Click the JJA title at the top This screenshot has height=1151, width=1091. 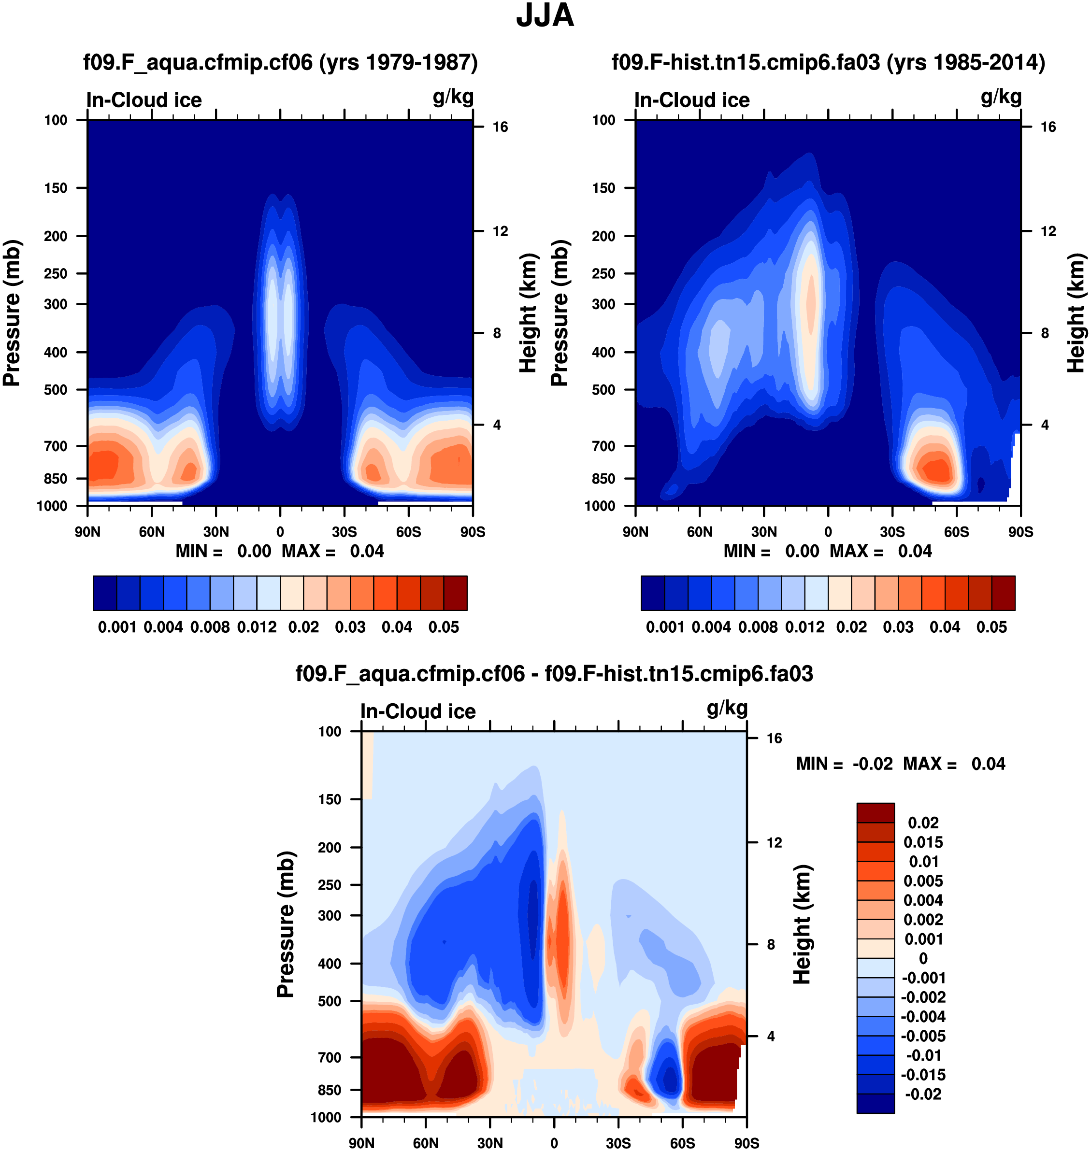(545, 15)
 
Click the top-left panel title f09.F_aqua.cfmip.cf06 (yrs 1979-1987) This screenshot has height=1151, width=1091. (280, 62)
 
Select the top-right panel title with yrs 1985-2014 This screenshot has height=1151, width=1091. (828, 62)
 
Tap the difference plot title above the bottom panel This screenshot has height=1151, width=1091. (554, 674)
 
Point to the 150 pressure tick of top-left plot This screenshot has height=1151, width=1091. (56, 188)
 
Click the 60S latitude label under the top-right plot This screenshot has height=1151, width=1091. (956, 532)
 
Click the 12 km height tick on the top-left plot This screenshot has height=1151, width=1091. (500, 231)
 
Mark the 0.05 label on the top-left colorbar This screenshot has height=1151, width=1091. (444, 627)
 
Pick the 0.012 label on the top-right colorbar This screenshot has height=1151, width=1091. (805, 627)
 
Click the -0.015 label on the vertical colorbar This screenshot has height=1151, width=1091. (923, 1075)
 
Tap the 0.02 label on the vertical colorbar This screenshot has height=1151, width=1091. (923, 823)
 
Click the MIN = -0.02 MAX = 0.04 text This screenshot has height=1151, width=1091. (900, 764)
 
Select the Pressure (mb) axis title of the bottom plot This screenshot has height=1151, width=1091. (286, 924)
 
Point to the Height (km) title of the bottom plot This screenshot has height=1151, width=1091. (802, 924)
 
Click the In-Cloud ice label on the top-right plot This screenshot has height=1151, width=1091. (692, 100)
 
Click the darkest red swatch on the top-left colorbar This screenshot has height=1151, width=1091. (455, 593)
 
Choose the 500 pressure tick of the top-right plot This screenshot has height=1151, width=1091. (603, 389)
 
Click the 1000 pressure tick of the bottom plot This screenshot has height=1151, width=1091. (326, 1117)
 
